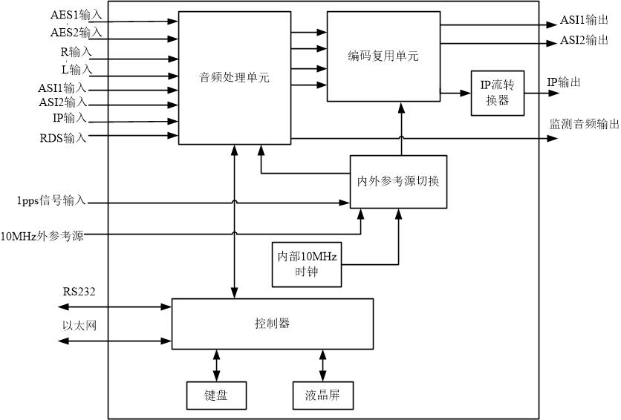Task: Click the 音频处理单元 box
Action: point(234,78)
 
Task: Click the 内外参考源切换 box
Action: point(398,180)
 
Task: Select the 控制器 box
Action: point(272,324)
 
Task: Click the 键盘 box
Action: point(215,396)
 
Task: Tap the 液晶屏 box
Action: point(323,396)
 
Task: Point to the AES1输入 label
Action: point(76,16)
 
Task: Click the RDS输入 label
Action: point(63,137)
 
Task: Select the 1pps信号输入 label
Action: point(52,200)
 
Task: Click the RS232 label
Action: point(78,289)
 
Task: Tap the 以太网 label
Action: point(77,325)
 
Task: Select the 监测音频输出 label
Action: point(583,124)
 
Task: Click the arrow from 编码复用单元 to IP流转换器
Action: point(455,93)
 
